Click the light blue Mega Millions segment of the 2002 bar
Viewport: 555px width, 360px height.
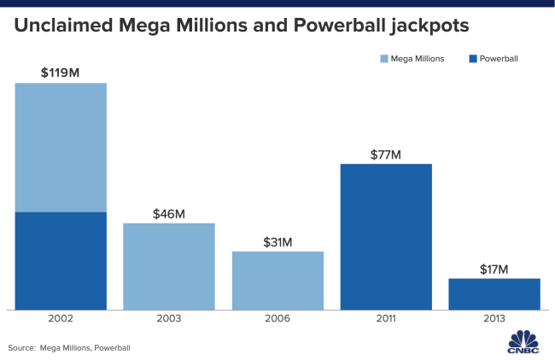tap(61, 147)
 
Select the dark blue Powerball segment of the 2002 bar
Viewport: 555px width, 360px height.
tap(61, 260)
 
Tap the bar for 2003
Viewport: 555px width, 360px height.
tap(169, 266)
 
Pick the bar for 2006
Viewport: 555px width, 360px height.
tap(277, 280)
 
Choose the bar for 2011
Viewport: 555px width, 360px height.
tap(386, 236)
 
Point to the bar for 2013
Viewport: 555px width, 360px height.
tap(494, 293)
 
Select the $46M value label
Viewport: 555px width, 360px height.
tap(169, 213)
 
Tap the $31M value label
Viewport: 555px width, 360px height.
tap(277, 241)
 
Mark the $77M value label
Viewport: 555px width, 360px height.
tap(386, 154)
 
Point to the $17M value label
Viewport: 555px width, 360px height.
tap(494, 270)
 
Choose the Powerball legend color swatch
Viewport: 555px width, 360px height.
tap(472, 59)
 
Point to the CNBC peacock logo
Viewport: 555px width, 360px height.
tap(520, 339)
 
